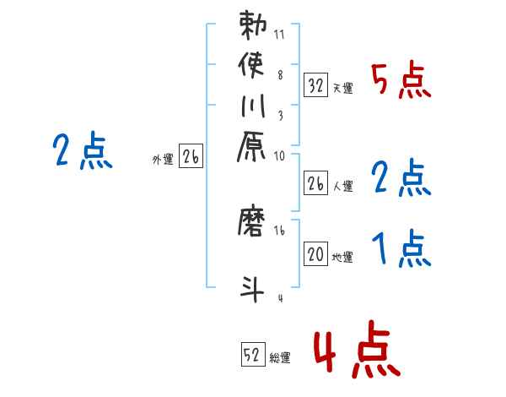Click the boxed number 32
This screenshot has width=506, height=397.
(315, 84)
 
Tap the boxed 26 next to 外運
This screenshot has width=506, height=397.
(191, 156)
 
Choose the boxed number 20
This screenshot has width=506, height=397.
(315, 254)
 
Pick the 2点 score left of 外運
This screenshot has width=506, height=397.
(81, 153)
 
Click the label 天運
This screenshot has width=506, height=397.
(342, 88)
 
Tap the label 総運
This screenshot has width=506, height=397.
(280, 358)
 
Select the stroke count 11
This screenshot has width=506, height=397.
(278, 35)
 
